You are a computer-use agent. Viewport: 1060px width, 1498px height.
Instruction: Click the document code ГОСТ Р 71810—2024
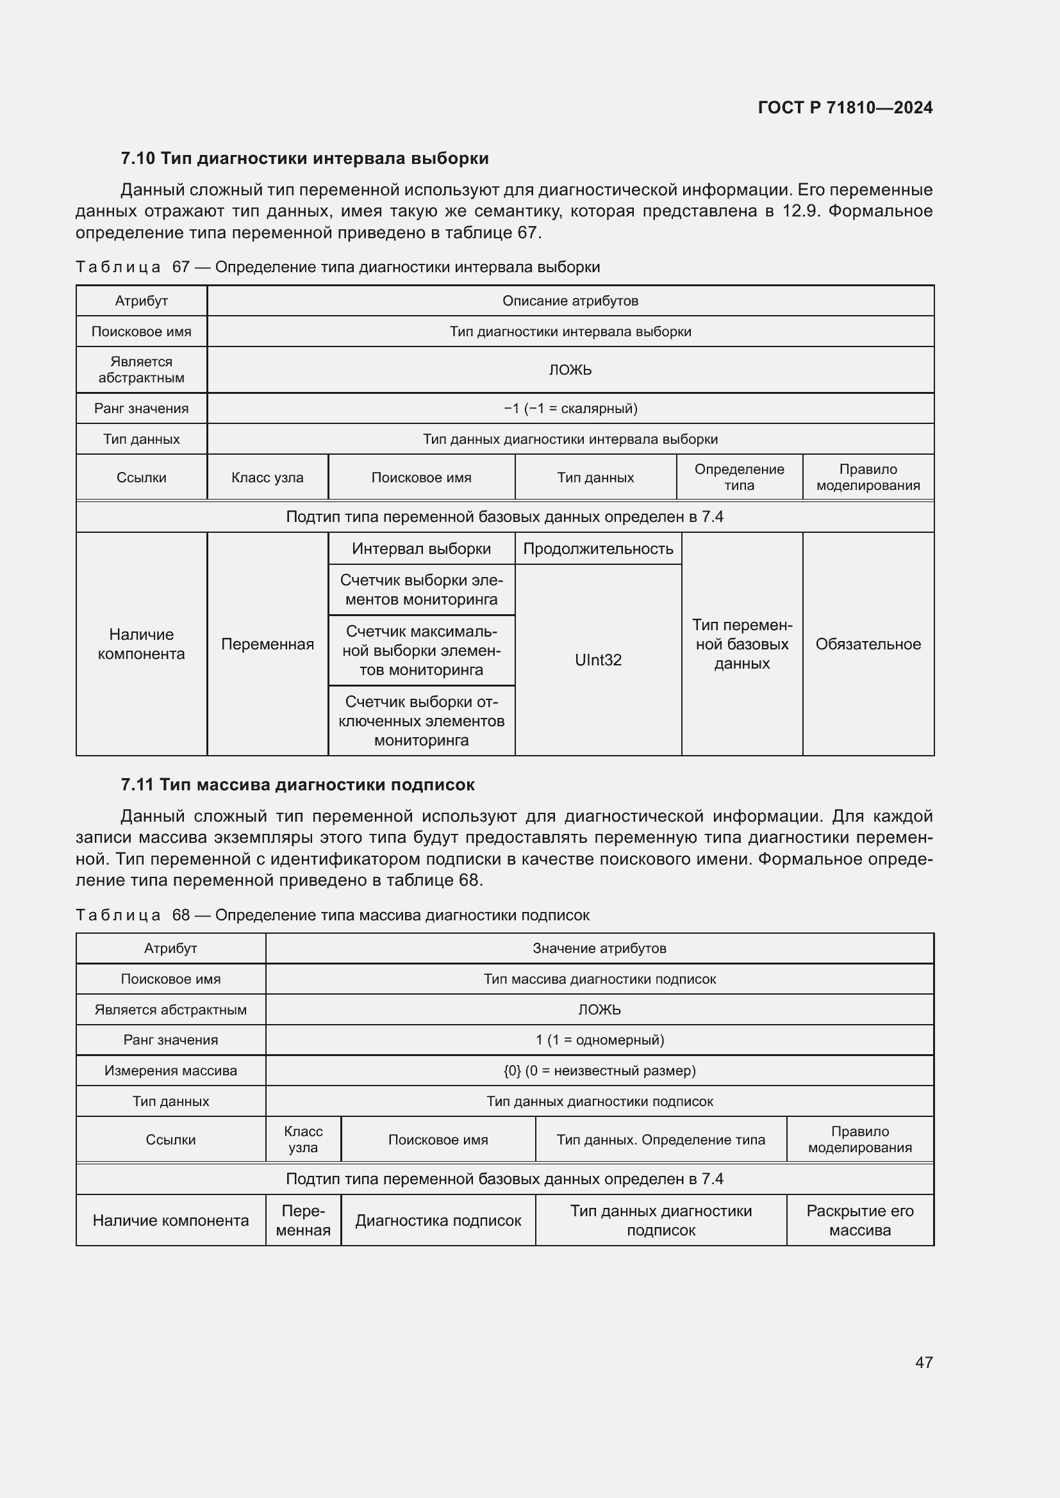pos(845,108)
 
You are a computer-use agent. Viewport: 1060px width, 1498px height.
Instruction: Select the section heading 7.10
pos(304,159)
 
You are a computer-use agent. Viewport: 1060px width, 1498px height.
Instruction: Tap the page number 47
pos(923,1362)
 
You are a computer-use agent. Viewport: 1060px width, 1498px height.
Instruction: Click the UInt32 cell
pos(598,660)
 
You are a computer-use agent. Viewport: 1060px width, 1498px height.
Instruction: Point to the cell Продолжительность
pos(598,549)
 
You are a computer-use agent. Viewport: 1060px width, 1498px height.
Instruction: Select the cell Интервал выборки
pos(421,549)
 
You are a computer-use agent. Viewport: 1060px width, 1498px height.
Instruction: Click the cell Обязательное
pos(868,644)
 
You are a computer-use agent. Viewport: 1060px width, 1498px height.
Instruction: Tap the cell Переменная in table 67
pos(267,644)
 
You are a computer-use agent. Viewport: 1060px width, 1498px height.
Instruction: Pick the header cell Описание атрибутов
pos(570,301)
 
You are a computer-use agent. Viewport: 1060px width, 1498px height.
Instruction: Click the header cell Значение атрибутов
pos(599,948)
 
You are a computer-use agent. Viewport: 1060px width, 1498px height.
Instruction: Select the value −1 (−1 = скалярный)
pos(570,409)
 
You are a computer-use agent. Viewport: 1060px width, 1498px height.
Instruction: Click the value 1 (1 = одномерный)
pos(599,1040)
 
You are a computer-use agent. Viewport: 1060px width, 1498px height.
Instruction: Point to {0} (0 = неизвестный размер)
pos(599,1071)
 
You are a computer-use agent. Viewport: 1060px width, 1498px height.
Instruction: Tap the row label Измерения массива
pos(170,1071)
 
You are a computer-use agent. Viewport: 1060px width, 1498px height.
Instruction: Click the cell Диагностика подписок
pos(438,1221)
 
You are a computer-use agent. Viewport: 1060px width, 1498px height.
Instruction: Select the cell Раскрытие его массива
pos(859,1221)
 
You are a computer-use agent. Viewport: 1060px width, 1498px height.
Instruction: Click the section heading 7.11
pos(297,785)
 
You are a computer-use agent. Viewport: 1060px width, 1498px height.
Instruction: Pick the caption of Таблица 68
pos(332,915)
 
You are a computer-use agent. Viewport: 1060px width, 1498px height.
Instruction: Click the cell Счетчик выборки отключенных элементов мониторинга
pos(421,721)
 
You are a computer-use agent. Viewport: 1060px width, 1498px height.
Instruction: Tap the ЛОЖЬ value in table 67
pos(570,370)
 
